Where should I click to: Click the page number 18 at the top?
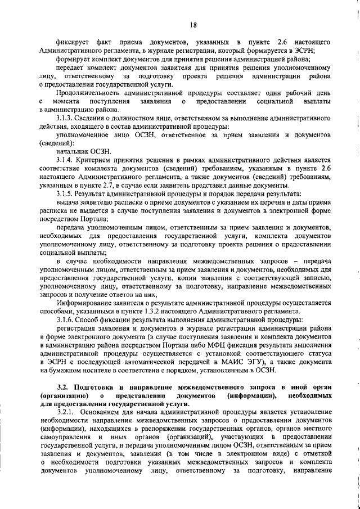[193, 24]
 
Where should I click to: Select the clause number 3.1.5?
[67, 194]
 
